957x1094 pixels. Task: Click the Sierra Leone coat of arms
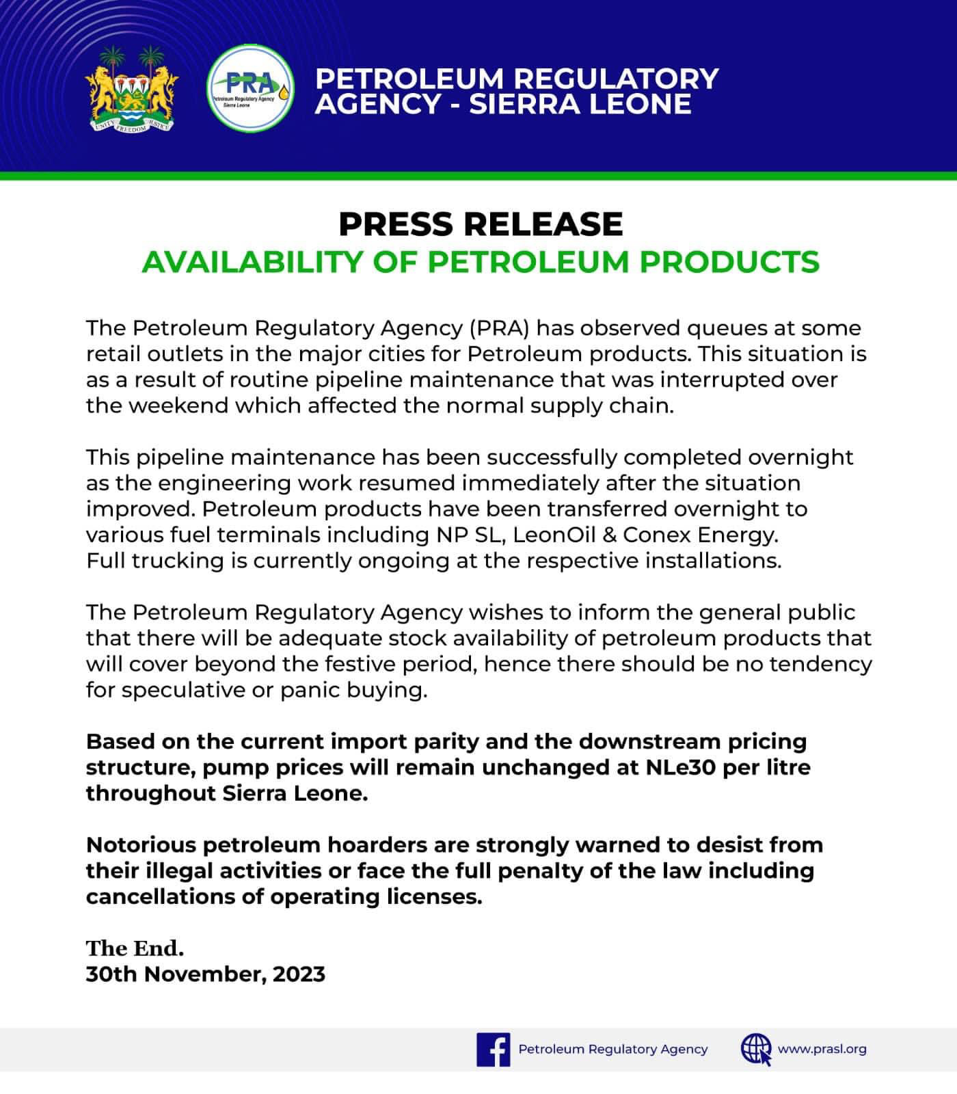[x=131, y=90]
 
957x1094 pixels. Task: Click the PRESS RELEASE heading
[x=480, y=224]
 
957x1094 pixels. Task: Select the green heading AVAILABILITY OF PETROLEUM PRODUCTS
[x=480, y=262]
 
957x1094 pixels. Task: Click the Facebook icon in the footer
[x=493, y=1050]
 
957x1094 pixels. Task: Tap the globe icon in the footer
[x=756, y=1050]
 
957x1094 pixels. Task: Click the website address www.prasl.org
[x=822, y=1049]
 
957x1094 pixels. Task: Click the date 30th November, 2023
[x=205, y=974]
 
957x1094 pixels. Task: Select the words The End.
[x=135, y=948]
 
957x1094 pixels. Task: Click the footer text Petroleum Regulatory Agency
[x=613, y=1049]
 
